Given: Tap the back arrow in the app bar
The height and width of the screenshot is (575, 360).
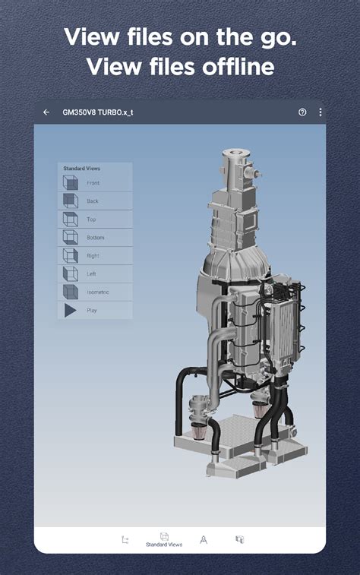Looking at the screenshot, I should pos(46,112).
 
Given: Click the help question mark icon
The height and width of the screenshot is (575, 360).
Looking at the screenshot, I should pos(302,112).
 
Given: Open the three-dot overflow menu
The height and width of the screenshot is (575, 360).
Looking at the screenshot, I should pos(320,112).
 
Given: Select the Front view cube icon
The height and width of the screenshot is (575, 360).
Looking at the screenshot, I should pos(70,183).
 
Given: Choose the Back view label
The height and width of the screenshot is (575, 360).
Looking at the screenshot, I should pos(93,201).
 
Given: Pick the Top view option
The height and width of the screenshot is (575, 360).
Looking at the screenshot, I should pos(91,220).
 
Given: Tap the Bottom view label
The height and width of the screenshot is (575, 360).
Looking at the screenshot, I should pos(96,238).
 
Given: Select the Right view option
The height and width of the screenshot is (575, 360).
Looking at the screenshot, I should pos(93,256).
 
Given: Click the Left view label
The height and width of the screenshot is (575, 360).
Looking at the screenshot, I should pos(91,274).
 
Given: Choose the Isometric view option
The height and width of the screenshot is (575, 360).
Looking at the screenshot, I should pos(98,292).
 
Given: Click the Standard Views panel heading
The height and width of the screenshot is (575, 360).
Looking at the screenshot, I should pos(82,168).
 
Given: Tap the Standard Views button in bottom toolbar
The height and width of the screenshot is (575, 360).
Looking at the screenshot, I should pos(164,540).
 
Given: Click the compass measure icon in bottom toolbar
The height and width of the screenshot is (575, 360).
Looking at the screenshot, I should pos(204,539).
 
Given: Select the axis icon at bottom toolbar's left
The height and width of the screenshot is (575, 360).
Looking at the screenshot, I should pos(125,539).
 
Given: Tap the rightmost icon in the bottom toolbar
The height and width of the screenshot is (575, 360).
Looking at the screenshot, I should pos(239,539).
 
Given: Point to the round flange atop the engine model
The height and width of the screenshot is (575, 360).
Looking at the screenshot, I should pos(236,157).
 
